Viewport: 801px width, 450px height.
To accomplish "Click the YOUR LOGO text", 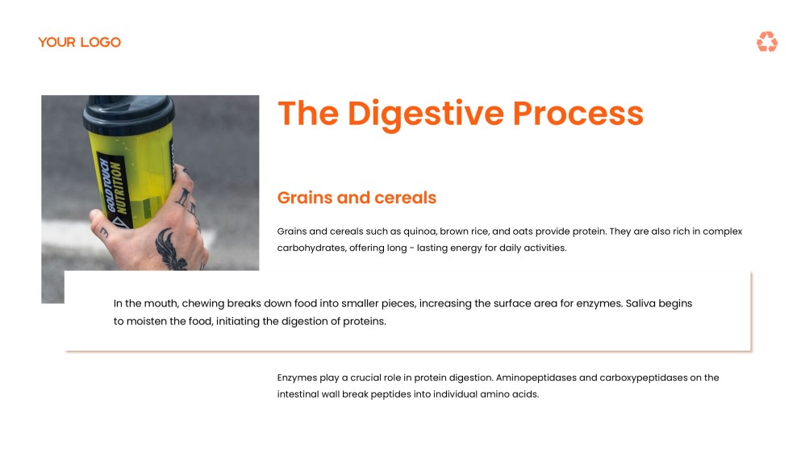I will tap(79, 42).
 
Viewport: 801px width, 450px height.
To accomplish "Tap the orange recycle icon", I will tap(766, 42).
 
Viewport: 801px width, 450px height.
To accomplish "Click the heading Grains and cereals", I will tap(357, 198).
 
